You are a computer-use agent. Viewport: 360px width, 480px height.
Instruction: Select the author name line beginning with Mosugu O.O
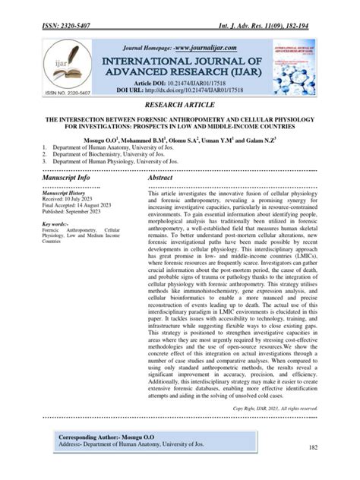(180, 141)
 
